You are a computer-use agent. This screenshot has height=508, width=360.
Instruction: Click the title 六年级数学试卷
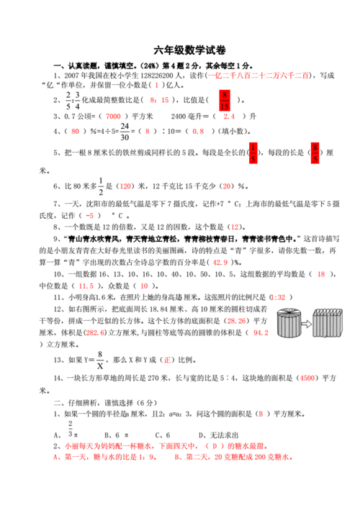click(180, 50)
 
